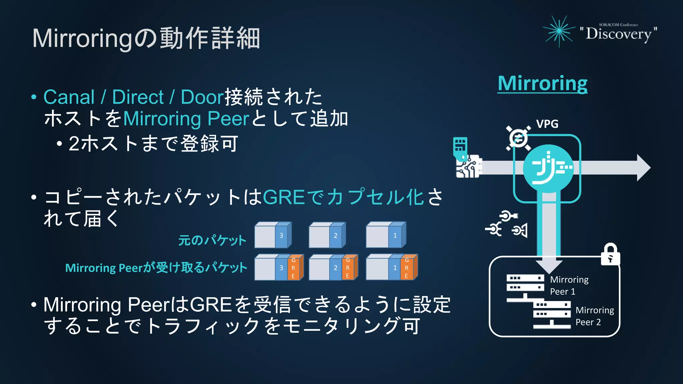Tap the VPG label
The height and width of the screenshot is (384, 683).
[x=547, y=124]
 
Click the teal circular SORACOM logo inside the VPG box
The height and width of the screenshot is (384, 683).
[x=548, y=168]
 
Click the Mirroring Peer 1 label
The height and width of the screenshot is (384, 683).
[x=569, y=285]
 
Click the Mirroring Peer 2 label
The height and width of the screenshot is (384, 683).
[x=594, y=316]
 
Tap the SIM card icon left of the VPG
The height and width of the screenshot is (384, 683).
[x=460, y=146]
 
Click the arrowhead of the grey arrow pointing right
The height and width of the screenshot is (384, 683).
[x=643, y=168]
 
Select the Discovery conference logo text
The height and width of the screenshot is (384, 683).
[x=618, y=34]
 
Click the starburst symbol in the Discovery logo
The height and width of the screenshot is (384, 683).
[x=559, y=31]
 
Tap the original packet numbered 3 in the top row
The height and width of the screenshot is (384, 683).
[x=273, y=235]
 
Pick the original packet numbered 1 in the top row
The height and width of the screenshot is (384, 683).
[x=386, y=235]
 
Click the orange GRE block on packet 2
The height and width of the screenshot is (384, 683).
[x=348, y=268]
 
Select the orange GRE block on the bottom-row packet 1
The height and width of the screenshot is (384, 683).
[x=407, y=268]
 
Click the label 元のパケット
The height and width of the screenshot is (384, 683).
[x=212, y=240]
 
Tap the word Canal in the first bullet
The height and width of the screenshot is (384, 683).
[x=69, y=97]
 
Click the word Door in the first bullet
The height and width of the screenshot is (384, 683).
[x=202, y=97]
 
